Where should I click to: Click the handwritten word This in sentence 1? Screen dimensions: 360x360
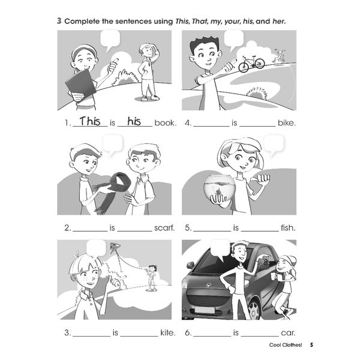coord(90,121)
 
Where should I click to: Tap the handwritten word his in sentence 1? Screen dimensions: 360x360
coord(134,121)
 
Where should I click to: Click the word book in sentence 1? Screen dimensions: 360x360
coord(165,123)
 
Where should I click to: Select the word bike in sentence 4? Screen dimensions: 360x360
coord(287,123)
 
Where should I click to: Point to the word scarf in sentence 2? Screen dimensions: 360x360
coord(164,228)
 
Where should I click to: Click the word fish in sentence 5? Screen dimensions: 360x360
coord(288,228)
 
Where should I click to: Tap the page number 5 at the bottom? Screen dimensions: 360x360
coord(311,345)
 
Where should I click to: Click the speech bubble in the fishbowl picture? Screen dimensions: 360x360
coord(274,144)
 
